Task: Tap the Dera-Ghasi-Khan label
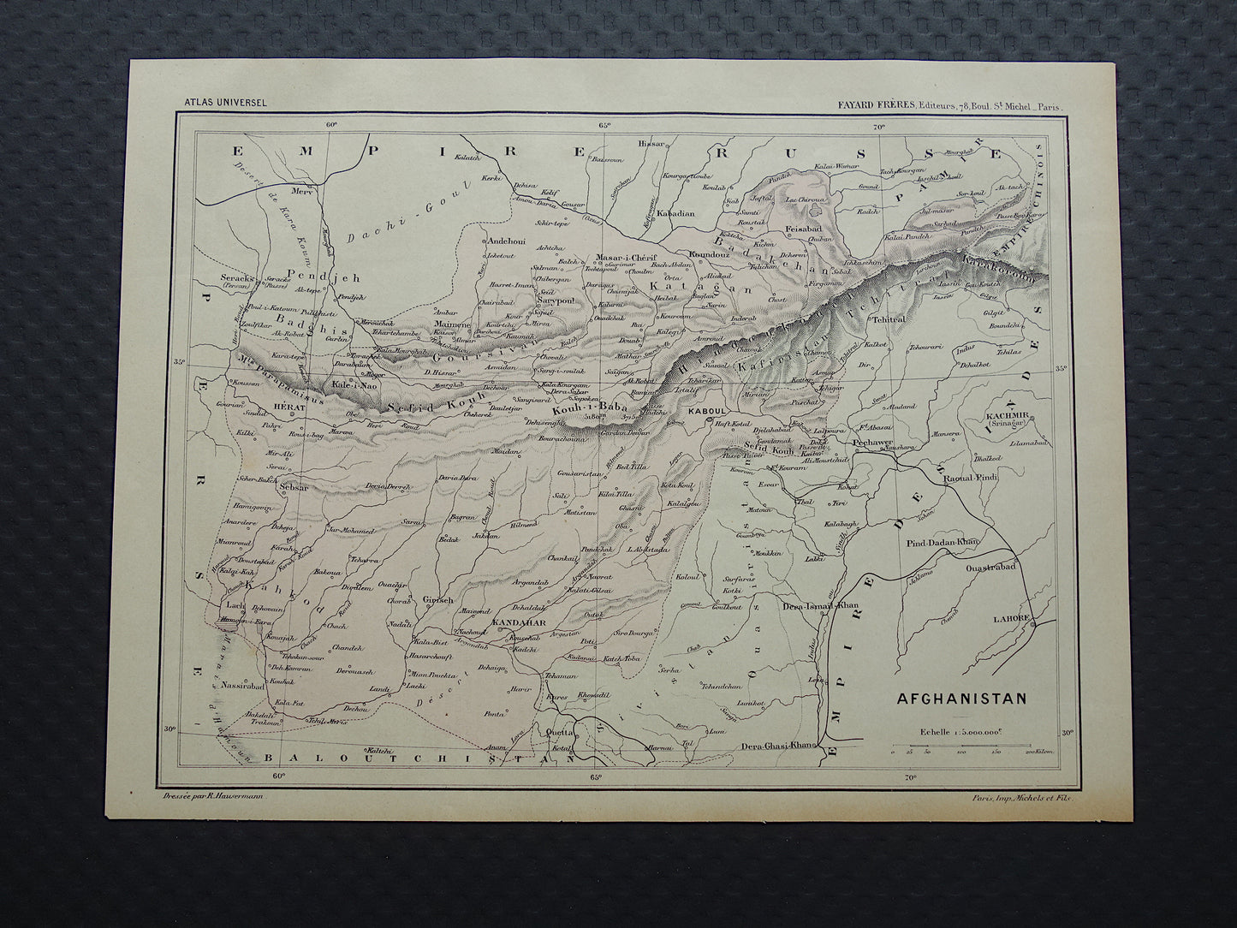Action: click(x=776, y=746)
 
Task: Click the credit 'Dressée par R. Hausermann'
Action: click(x=214, y=796)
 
